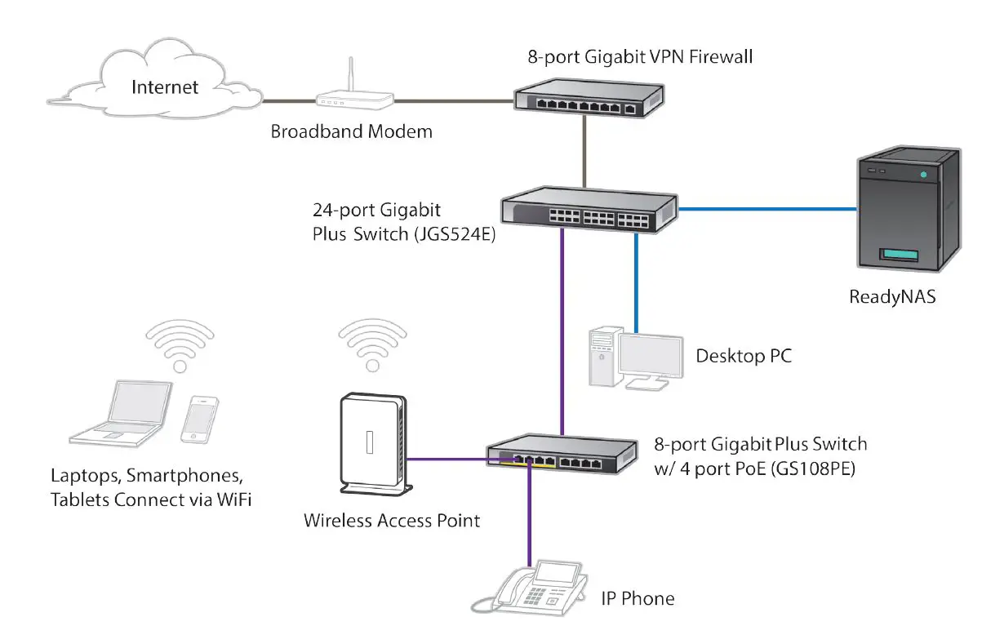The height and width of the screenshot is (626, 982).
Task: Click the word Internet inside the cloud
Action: (165, 86)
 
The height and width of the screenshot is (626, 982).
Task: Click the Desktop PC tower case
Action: (602, 360)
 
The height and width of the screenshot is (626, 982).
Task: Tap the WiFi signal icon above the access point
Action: (372, 343)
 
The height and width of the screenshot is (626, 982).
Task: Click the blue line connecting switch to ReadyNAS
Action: (767, 209)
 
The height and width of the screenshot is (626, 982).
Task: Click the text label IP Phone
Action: (638, 598)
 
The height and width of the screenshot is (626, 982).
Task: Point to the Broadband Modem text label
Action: (352, 131)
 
